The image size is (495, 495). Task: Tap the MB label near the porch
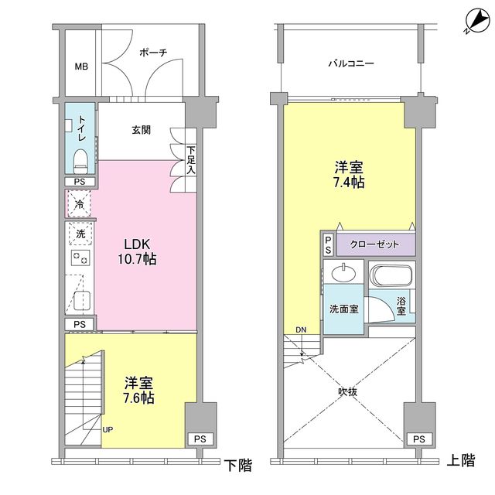81,67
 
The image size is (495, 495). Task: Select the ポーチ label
153,53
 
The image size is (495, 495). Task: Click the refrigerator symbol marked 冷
80,204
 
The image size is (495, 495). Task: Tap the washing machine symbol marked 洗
80,233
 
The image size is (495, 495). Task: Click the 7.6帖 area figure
140,398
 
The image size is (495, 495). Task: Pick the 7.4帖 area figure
350,183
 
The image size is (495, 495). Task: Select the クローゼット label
375,244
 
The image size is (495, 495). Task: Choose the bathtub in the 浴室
392,276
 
